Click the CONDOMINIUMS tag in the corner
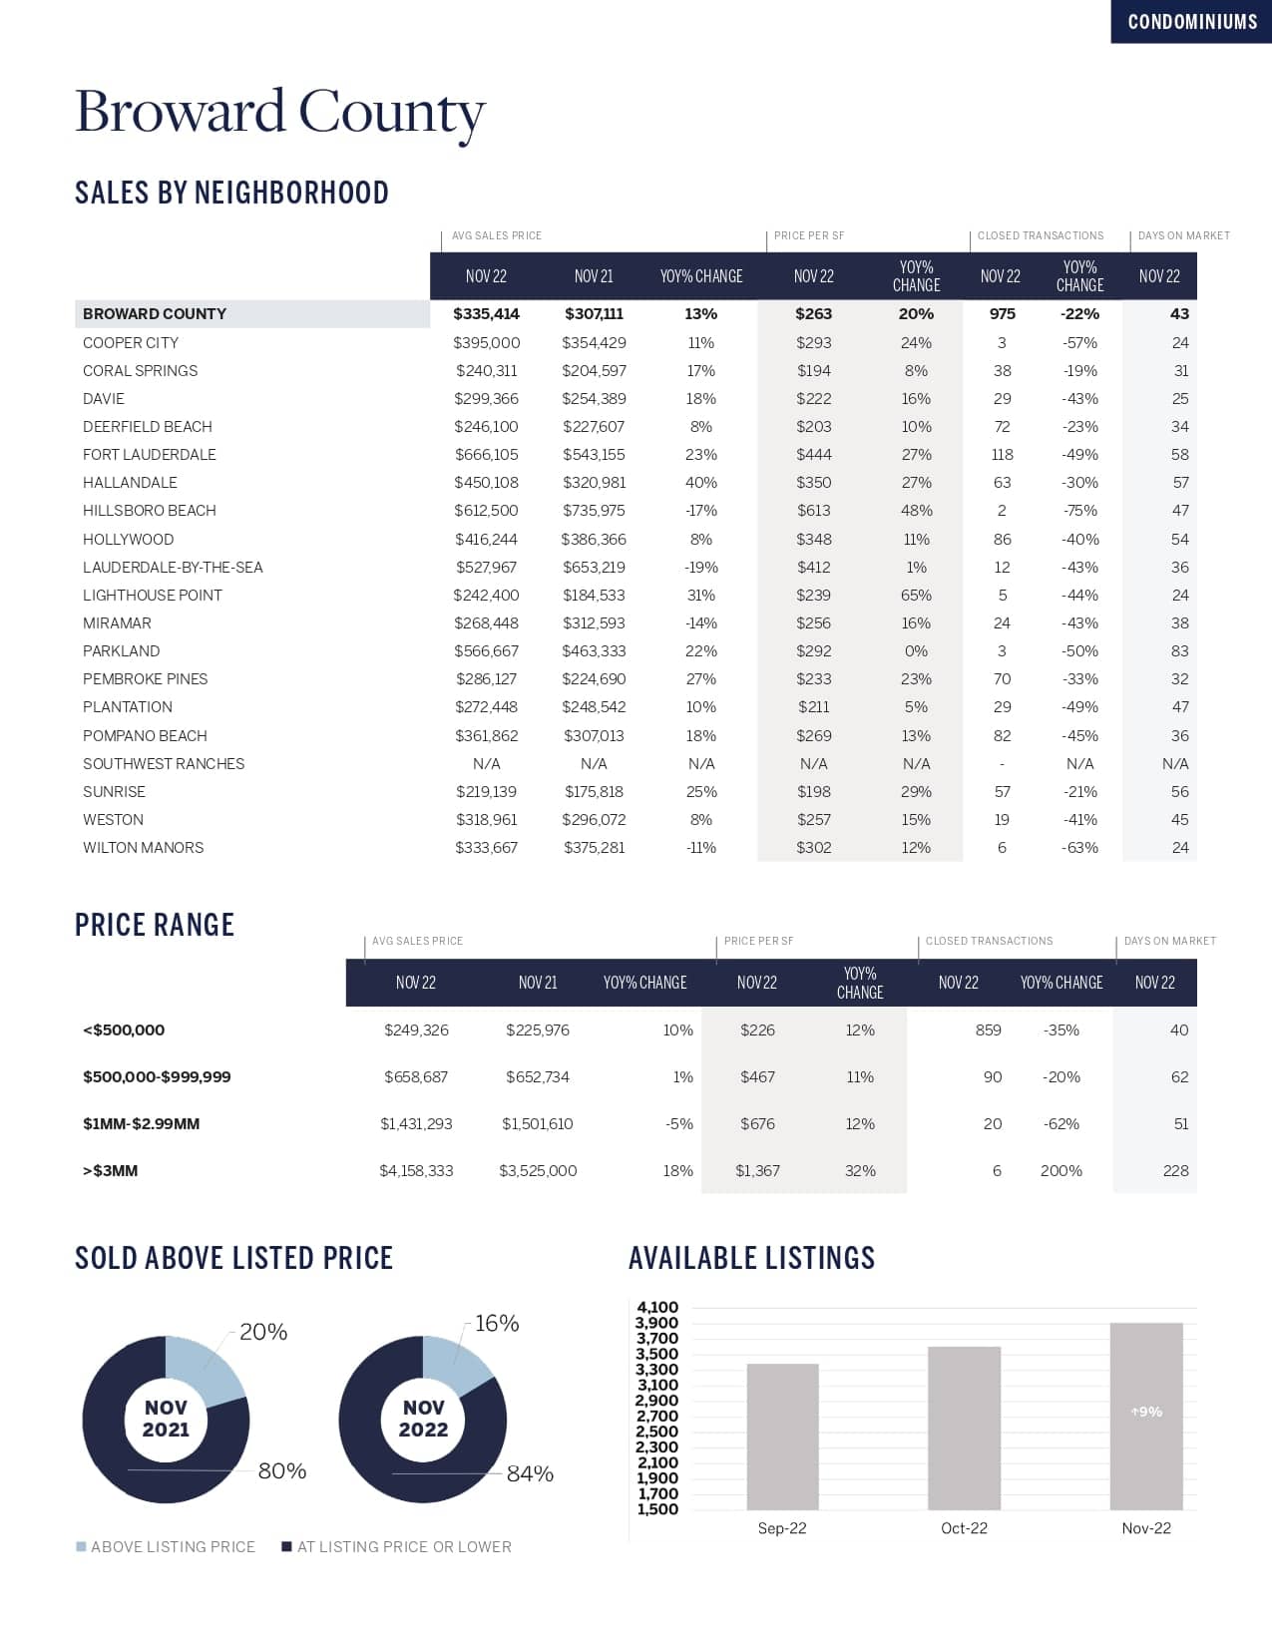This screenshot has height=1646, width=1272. [1192, 22]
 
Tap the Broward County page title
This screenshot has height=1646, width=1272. [279, 112]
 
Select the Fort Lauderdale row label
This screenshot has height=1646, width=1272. [149, 455]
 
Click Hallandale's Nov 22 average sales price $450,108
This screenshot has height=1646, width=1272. [486, 483]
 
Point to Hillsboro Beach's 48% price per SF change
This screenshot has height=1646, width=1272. [916, 511]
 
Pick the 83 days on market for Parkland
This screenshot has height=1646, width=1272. [1179, 651]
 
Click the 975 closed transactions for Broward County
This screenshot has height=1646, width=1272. [1002, 314]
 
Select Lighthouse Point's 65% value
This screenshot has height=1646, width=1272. [916, 596]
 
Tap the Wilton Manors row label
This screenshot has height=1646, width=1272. [143, 848]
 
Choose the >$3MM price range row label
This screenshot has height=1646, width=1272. [110, 1171]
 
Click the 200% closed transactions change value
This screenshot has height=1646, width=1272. [1060, 1171]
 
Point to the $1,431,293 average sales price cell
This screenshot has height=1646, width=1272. [416, 1124]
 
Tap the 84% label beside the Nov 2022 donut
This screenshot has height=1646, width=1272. [530, 1474]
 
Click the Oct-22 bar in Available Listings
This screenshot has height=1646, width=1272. [964, 1428]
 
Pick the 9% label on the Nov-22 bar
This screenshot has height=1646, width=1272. [1146, 1413]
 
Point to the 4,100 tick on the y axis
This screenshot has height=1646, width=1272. [656, 1308]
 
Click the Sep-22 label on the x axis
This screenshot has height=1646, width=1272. [782, 1528]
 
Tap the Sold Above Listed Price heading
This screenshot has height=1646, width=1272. [233, 1259]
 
